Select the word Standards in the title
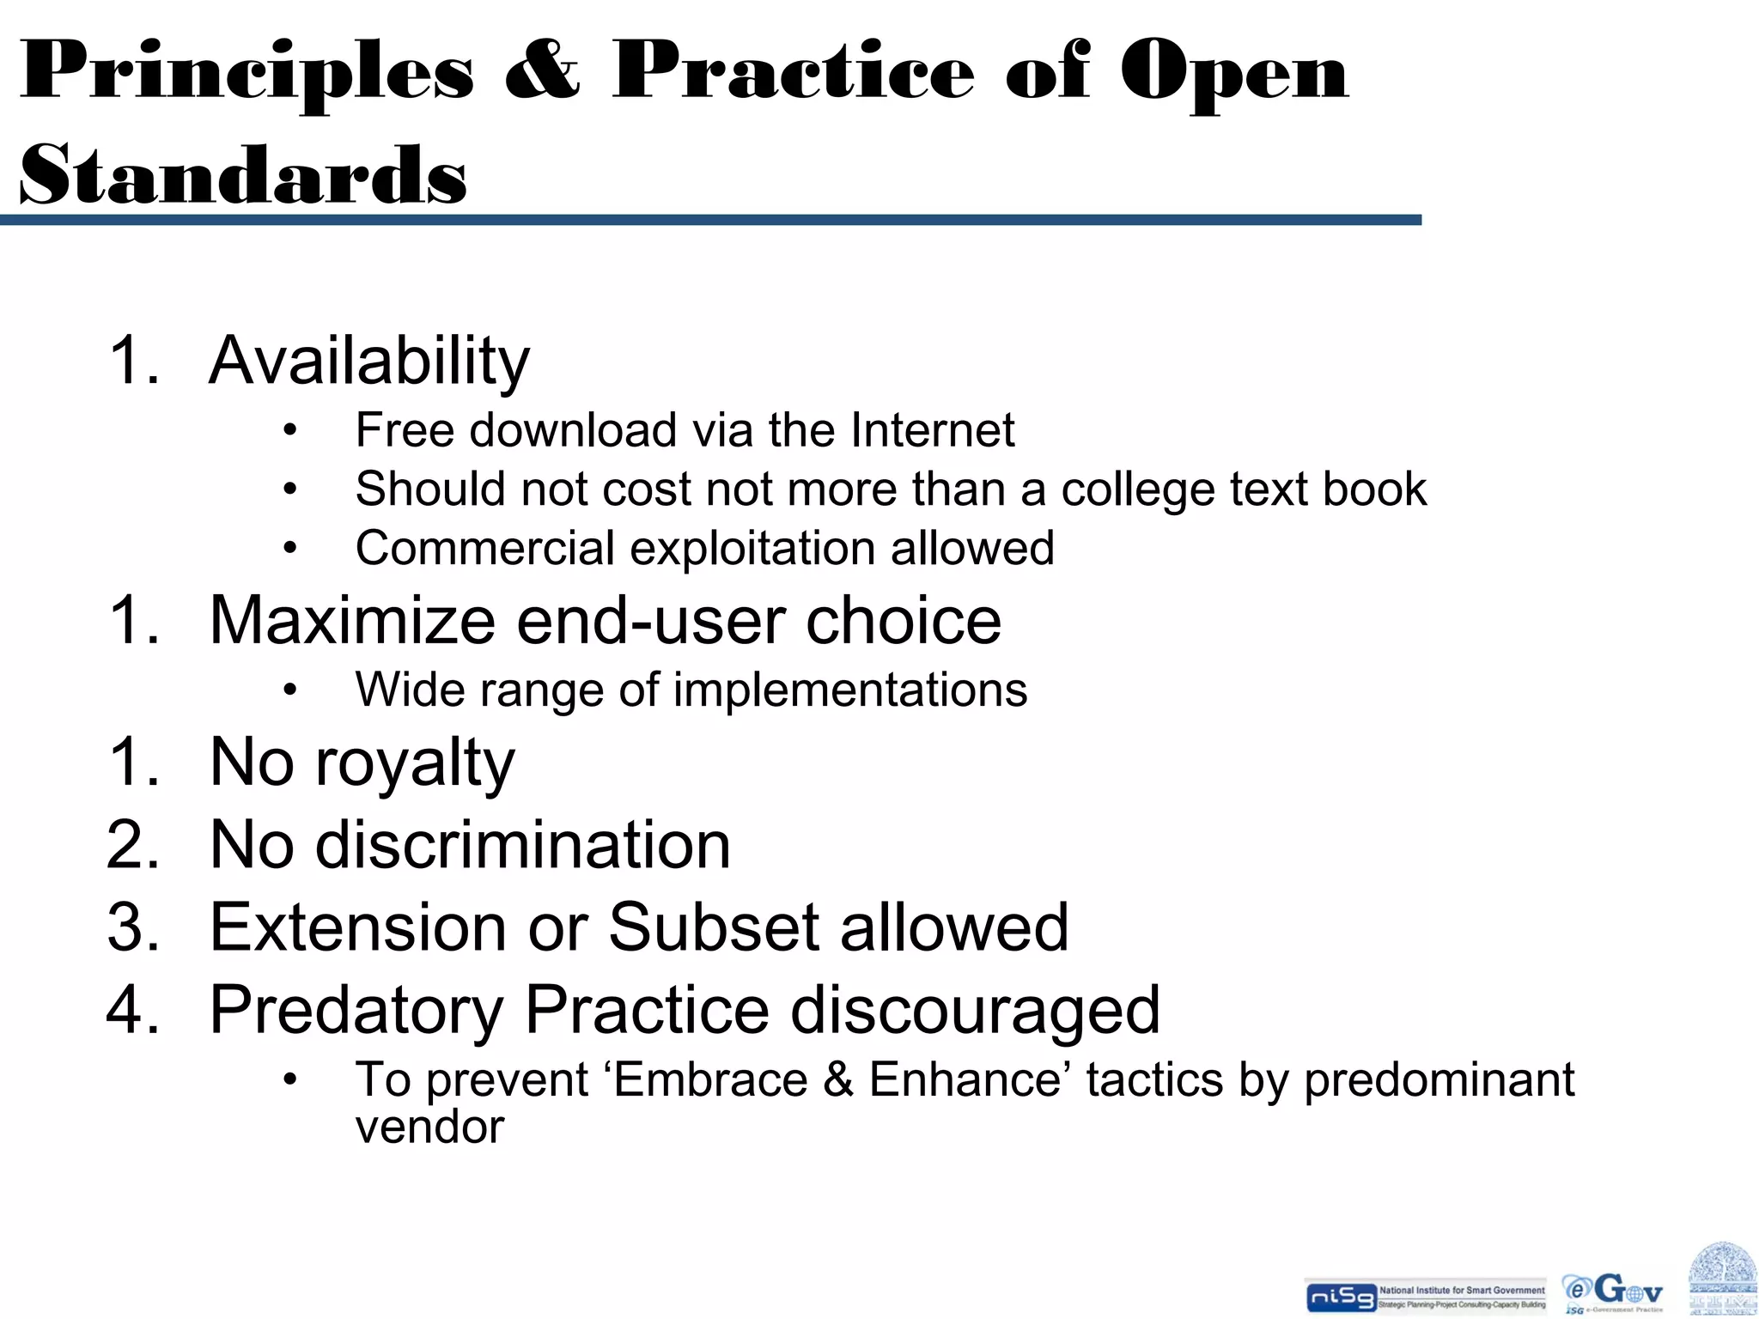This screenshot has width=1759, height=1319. pos(243,175)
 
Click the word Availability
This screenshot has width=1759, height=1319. pos(369,361)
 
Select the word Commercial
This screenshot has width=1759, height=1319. pos(485,549)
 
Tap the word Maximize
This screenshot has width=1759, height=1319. pos(352,620)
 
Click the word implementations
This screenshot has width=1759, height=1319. pos(850,690)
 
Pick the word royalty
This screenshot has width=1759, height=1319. pos(415,763)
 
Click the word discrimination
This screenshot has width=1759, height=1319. pos(523,845)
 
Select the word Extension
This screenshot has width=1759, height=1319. pos(359,927)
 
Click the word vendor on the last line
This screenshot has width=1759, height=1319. pos(429,1128)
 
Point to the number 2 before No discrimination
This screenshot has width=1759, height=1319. pos(132,845)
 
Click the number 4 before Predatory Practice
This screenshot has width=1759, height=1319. pos(132,1010)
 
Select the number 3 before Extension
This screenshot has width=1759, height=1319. pos(132,927)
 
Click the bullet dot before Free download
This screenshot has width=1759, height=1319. pos(290,431)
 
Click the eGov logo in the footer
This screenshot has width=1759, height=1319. pos(1612,1292)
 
